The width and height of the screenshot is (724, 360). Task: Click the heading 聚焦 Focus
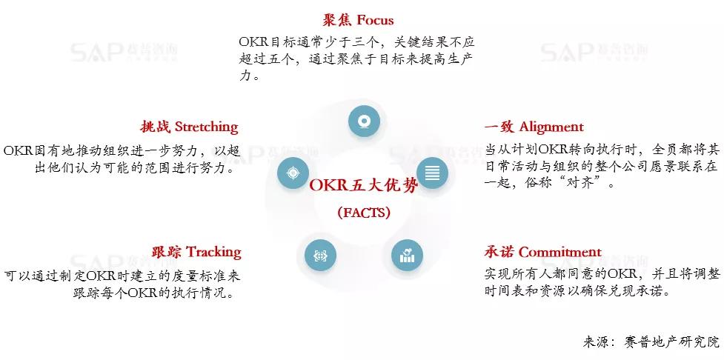pyautogui.click(x=358, y=20)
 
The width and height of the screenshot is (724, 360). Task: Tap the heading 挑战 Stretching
pyautogui.click(x=189, y=127)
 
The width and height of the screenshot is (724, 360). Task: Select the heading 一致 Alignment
pyautogui.click(x=534, y=127)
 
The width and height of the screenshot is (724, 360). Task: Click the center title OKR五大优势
pyautogui.click(x=363, y=185)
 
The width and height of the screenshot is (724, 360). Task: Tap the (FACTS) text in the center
pyautogui.click(x=363, y=213)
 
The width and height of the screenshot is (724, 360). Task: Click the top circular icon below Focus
pyautogui.click(x=364, y=121)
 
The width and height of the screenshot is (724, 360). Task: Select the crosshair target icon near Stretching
pyautogui.click(x=293, y=173)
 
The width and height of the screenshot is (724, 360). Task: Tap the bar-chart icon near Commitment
pyautogui.click(x=407, y=256)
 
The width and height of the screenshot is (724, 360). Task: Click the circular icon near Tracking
pyautogui.click(x=321, y=256)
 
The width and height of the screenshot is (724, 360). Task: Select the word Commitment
pyautogui.click(x=560, y=252)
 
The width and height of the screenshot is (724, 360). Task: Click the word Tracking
pyautogui.click(x=213, y=252)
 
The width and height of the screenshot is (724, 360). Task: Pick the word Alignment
pyautogui.click(x=551, y=127)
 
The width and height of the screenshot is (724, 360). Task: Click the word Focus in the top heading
pyautogui.click(x=375, y=20)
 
